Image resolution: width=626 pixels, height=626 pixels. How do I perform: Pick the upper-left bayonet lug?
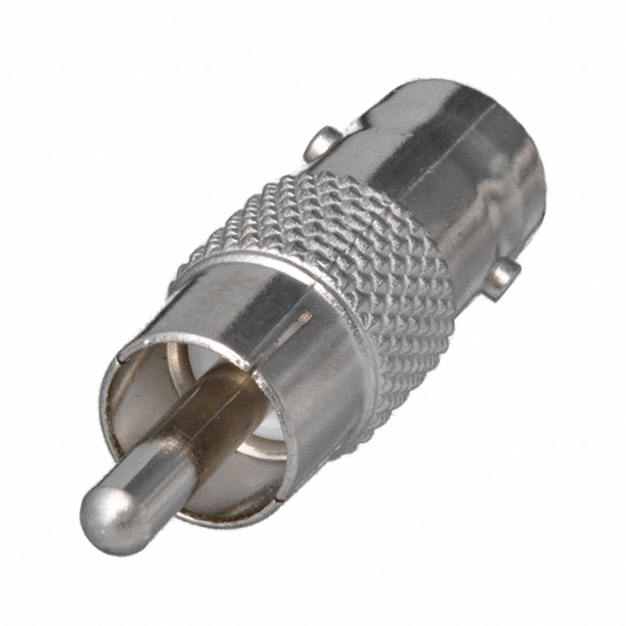coord(324,145)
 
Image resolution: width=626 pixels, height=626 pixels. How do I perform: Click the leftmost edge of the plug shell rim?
coord(102,411)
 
